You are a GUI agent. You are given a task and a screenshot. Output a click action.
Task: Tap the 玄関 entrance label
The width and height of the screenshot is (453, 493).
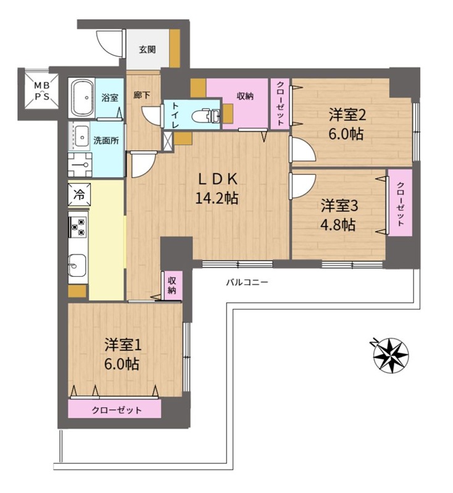point(148,49)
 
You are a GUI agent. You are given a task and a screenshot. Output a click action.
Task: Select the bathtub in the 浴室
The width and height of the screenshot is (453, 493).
point(83,98)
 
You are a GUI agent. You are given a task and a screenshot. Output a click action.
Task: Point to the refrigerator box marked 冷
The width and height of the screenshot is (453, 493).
point(79,195)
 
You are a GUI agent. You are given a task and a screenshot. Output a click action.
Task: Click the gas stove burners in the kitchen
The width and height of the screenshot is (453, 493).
point(78,227)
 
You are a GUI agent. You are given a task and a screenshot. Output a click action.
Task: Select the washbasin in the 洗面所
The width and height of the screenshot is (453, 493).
point(81,137)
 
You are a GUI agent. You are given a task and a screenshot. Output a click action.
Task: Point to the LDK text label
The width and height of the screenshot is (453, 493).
point(217,180)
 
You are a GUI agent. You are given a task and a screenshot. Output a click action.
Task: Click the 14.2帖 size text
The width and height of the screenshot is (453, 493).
point(217,198)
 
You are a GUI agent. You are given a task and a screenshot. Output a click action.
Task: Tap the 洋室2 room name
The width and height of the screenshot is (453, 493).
point(347,115)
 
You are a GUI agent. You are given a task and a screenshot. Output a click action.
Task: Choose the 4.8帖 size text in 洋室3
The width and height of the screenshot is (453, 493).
point(338,225)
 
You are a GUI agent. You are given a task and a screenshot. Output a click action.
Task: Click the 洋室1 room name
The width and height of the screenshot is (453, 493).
point(123,345)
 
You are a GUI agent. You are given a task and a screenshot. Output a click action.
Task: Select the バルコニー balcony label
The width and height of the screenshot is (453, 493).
point(247,282)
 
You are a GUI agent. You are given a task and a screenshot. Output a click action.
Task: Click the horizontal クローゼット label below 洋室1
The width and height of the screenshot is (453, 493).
point(117,410)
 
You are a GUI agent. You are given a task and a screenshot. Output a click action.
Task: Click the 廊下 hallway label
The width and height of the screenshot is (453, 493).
point(142,95)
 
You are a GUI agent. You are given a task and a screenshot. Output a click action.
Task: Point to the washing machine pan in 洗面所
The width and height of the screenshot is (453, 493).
point(80,165)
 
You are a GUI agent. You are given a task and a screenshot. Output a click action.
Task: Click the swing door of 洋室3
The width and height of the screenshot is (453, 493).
point(302,186)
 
